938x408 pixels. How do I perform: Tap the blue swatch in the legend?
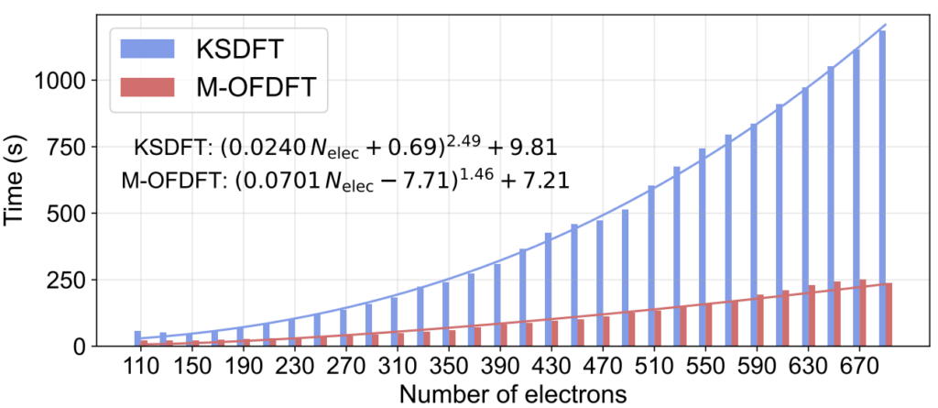tap(146, 45)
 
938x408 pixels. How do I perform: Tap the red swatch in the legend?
tap(146, 88)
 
